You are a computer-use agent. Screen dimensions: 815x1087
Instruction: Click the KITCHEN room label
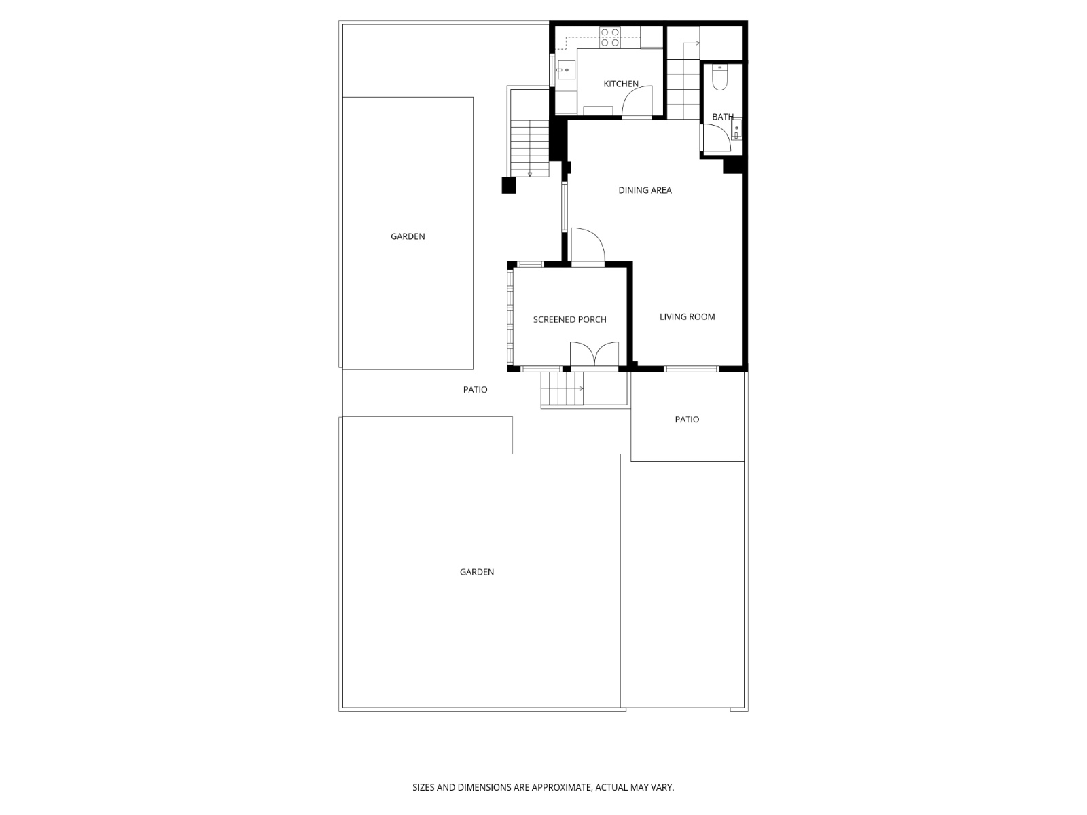pyautogui.click(x=621, y=84)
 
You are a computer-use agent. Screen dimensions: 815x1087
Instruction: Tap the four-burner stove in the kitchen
pyautogui.click(x=609, y=37)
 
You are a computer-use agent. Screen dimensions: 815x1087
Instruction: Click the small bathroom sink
pyautogui.click(x=736, y=130)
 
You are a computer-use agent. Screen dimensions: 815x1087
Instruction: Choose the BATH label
pyautogui.click(x=723, y=117)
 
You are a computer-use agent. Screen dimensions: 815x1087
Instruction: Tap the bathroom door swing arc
pyautogui.click(x=717, y=138)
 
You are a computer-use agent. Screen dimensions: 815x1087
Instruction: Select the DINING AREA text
pyautogui.click(x=645, y=190)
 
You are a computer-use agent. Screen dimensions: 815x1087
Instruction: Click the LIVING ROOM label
pyautogui.click(x=687, y=316)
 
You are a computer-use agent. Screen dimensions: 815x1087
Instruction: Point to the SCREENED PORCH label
pyautogui.click(x=569, y=319)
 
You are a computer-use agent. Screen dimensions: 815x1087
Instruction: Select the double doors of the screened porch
pyautogui.click(x=594, y=355)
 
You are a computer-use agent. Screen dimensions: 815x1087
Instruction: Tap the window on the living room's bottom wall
pyautogui.click(x=691, y=369)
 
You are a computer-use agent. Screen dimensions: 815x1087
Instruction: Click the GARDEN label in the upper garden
pyautogui.click(x=408, y=236)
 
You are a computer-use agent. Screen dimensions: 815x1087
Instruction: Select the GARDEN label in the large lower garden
pyautogui.click(x=476, y=572)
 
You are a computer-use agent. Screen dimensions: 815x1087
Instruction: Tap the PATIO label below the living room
pyautogui.click(x=687, y=420)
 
